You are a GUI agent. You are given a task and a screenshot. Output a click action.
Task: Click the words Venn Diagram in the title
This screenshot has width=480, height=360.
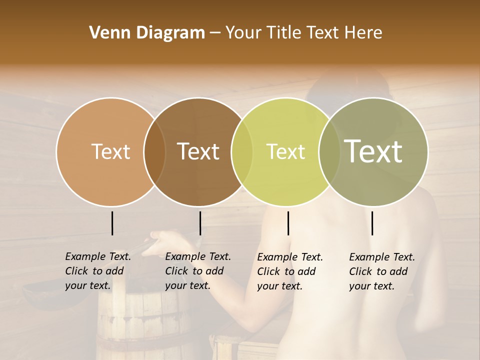click(x=147, y=33)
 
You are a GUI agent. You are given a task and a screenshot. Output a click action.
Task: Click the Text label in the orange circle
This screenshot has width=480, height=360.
click(x=110, y=151)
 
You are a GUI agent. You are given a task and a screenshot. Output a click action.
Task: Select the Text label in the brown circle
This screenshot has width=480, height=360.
click(x=198, y=151)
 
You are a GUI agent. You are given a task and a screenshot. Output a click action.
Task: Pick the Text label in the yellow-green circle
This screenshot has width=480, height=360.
click(x=285, y=151)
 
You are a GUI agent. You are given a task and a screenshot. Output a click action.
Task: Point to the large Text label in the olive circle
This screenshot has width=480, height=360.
click(x=373, y=151)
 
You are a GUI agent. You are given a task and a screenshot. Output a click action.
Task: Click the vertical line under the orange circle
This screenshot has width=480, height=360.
click(x=112, y=223)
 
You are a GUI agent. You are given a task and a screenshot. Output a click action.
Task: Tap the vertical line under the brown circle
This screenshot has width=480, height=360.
click(x=200, y=223)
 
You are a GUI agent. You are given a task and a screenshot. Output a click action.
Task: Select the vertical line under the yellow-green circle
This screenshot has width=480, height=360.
click(x=288, y=223)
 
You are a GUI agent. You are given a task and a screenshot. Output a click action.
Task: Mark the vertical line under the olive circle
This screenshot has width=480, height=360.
click(x=372, y=223)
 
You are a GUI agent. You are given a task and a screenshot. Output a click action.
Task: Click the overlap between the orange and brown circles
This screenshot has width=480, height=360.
click(x=154, y=151)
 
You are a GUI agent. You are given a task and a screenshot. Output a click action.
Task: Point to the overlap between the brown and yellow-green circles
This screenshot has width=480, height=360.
click(x=242, y=151)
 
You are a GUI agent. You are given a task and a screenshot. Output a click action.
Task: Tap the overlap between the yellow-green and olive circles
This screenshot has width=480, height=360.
click(x=329, y=151)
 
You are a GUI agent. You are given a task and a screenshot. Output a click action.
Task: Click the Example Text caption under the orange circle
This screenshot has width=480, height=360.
click(x=98, y=271)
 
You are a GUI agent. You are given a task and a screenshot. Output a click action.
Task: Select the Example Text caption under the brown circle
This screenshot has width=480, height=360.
click(x=198, y=271)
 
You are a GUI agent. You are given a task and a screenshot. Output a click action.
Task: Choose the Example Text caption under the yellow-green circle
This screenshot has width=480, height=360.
click(x=290, y=271)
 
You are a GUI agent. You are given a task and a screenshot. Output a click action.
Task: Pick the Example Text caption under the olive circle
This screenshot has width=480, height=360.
click(x=382, y=271)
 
